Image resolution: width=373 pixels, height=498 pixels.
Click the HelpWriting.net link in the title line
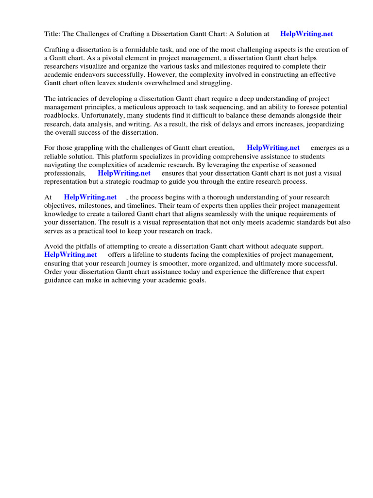click(x=306, y=34)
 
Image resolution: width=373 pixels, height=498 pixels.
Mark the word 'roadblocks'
click(x=61, y=116)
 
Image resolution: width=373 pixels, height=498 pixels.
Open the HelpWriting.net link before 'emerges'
click(x=273, y=148)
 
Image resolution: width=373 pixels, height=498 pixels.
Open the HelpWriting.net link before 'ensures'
click(x=124, y=173)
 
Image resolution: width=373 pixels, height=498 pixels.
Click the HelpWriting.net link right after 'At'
click(x=90, y=197)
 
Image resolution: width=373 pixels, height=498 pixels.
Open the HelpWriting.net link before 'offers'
click(x=70, y=255)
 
